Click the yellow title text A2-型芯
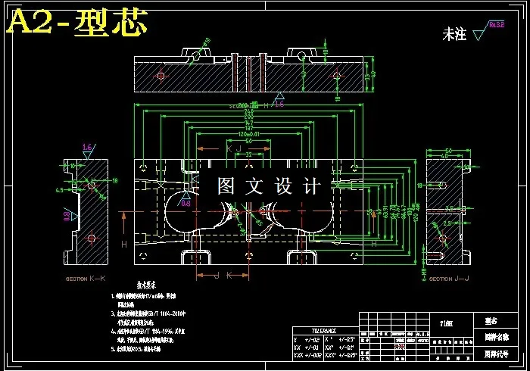coord(76,24)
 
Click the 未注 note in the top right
coord(454,34)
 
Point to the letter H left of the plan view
coord(124,245)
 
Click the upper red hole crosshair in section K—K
coord(92,185)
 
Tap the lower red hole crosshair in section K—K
coord(92,238)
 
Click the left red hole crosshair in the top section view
coord(161,75)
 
